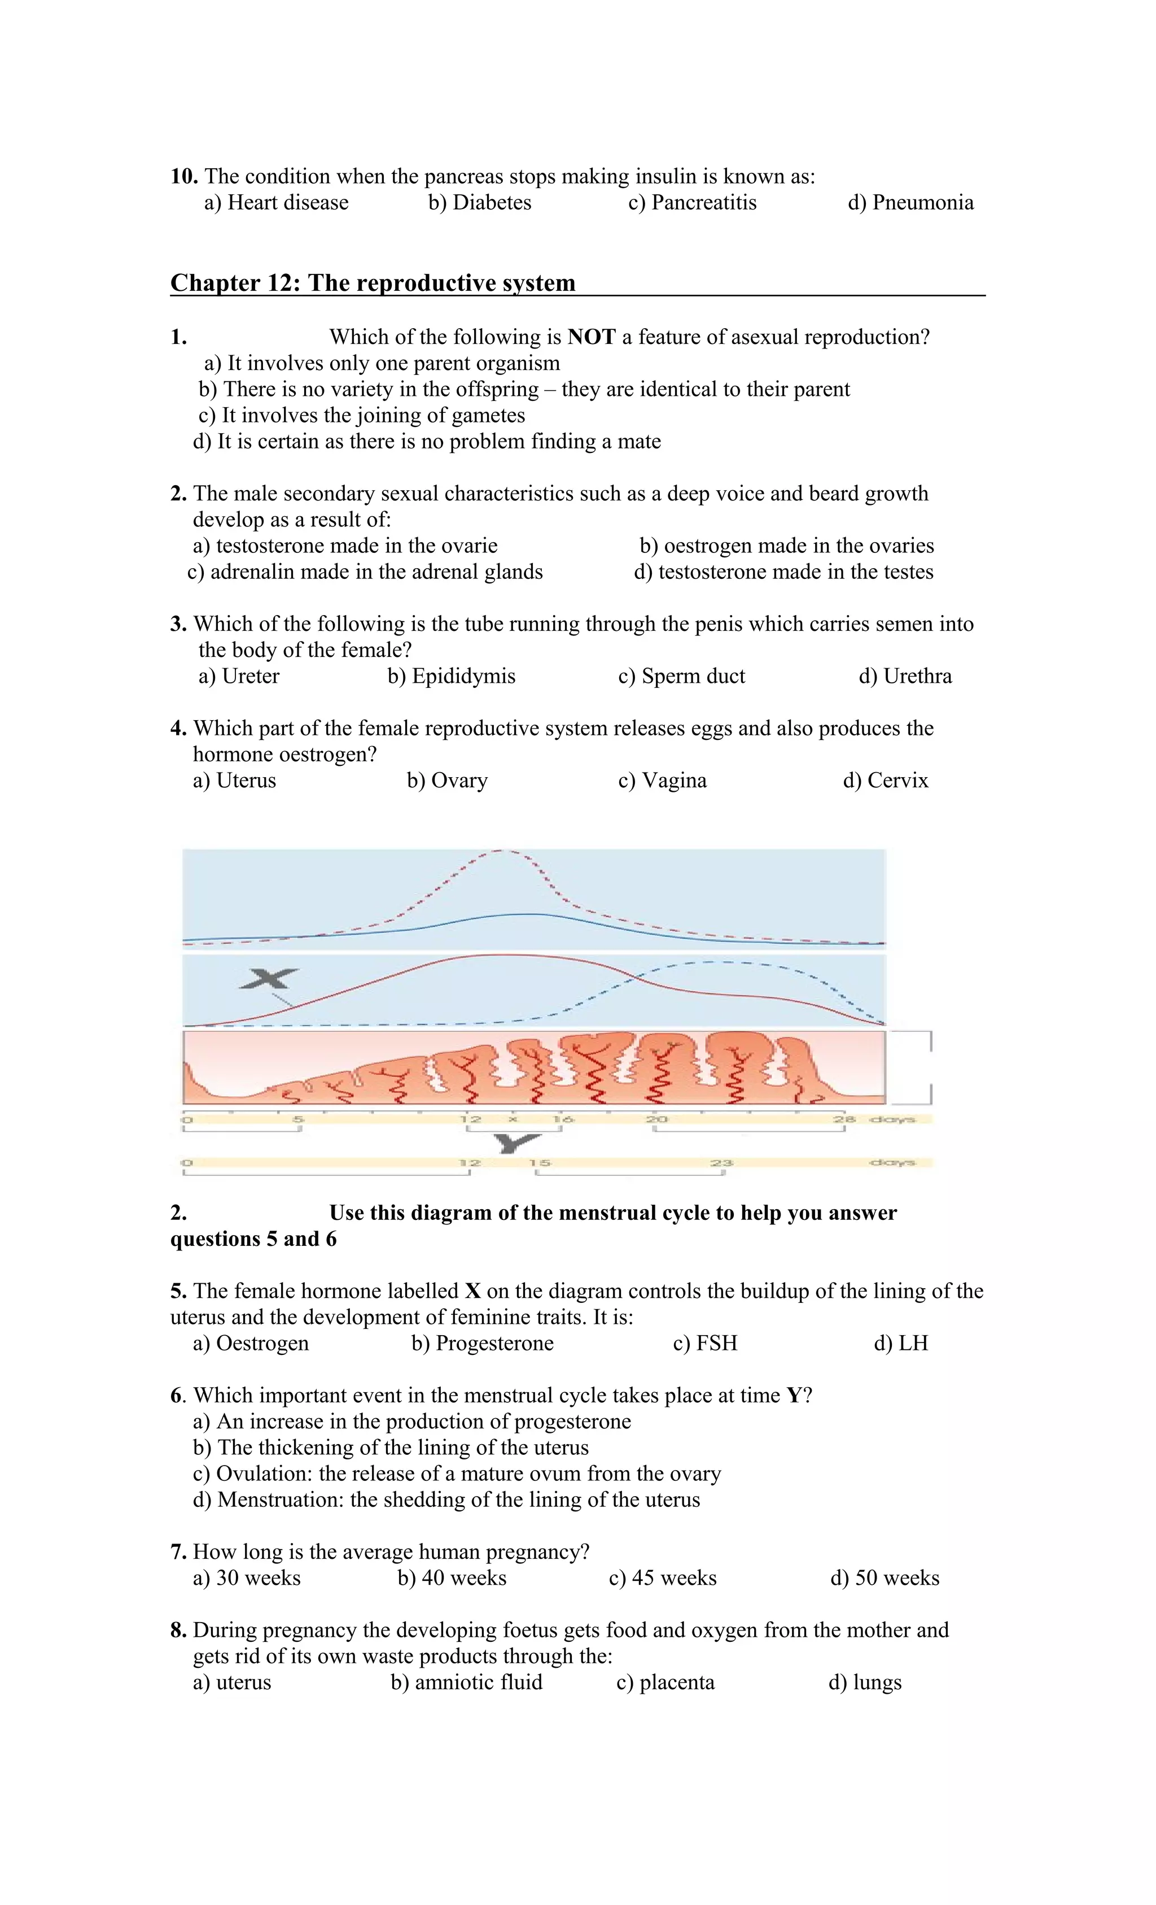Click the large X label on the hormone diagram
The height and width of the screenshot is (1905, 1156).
pyautogui.click(x=268, y=979)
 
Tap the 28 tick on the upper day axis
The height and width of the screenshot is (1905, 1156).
pyautogui.click(x=844, y=1119)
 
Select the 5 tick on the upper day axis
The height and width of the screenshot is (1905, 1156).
pyautogui.click(x=298, y=1119)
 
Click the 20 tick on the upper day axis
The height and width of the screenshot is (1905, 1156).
pyautogui.click(x=656, y=1119)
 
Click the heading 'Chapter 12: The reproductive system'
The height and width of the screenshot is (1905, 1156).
pyautogui.click(x=373, y=282)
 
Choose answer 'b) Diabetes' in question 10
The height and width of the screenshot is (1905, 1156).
pyautogui.click(x=480, y=203)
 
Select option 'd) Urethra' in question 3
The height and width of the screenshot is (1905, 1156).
pyautogui.click(x=905, y=675)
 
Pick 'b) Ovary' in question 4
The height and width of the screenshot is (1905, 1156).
pyautogui.click(x=448, y=780)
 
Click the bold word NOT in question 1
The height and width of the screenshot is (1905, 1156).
pyautogui.click(x=591, y=337)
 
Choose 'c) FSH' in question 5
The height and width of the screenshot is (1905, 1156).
pyautogui.click(x=705, y=1343)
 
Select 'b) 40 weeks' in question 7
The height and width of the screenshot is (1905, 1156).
pyautogui.click(x=452, y=1578)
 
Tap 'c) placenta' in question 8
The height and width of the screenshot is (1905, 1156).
pyautogui.click(x=665, y=1682)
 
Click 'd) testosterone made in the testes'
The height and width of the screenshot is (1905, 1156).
pyautogui.click(x=783, y=572)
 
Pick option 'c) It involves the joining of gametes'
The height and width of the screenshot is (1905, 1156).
pyautogui.click(x=362, y=415)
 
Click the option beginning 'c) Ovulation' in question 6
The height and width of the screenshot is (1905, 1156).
pyautogui.click(x=457, y=1474)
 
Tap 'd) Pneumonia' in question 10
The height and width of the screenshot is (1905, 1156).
pyautogui.click(x=910, y=203)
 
